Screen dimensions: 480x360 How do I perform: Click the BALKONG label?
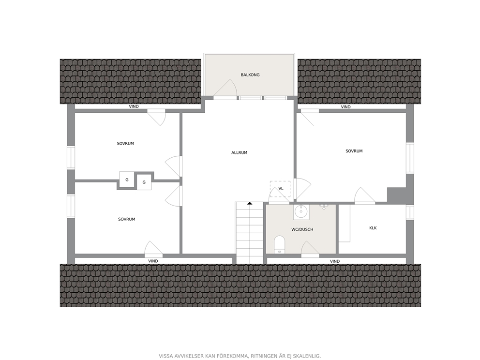click(x=250, y=75)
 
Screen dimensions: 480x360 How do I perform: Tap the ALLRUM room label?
click(x=239, y=152)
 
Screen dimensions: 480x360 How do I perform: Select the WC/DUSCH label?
click(x=302, y=229)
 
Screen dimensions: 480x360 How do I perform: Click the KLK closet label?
click(x=373, y=228)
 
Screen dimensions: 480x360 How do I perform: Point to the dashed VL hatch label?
click(x=281, y=189)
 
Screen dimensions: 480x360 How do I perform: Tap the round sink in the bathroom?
click(x=301, y=212)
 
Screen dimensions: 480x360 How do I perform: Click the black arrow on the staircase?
click(x=250, y=203)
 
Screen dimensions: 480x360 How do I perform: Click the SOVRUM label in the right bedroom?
click(x=354, y=151)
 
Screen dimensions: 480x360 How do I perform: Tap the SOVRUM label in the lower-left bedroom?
click(x=126, y=219)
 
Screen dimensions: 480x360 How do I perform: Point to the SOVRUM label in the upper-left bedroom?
click(x=125, y=143)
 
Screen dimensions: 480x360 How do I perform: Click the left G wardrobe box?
click(x=127, y=180)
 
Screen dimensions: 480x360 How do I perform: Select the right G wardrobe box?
click(x=144, y=182)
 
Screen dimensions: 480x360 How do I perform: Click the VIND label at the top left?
click(x=134, y=106)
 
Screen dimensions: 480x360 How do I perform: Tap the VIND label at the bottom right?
click(x=335, y=261)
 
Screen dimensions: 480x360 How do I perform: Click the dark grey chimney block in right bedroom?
click(x=397, y=195)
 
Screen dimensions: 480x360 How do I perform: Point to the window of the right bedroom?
click(x=410, y=158)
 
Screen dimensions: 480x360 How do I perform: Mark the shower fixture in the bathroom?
click(x=324, y=207)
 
